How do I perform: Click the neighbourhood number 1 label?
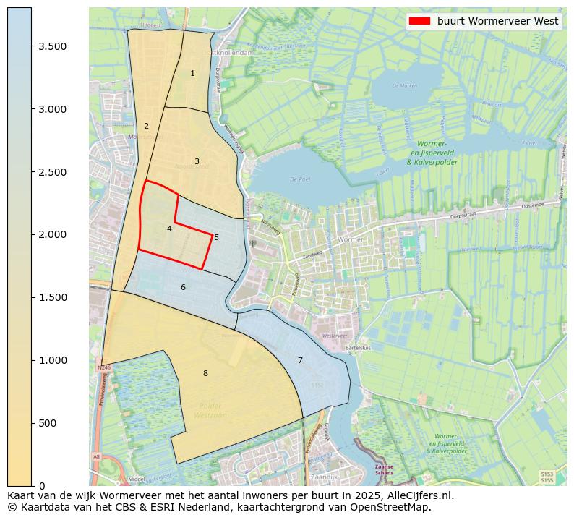(x=192, y=74)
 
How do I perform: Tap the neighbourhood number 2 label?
(x=146, y=126)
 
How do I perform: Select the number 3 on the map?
(x=197, y=161)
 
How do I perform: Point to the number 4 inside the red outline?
(x=169, y=229)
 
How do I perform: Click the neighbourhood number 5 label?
(x=216, y=237)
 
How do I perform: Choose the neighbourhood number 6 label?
(x=183, y=287)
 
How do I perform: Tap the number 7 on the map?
(x=300, y=360)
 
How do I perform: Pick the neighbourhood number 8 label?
(x=205, y=373)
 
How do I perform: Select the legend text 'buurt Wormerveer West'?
(x=497, y=21)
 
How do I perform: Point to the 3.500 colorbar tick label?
(x=53, y=46)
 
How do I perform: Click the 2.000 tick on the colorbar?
(x=53, y=234)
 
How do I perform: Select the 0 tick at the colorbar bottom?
(x=42, y=485)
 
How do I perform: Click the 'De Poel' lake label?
(x=299, y=179)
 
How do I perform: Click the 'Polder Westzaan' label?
(x=210, y=410)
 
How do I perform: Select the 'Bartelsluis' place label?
(x=358, y=347)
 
